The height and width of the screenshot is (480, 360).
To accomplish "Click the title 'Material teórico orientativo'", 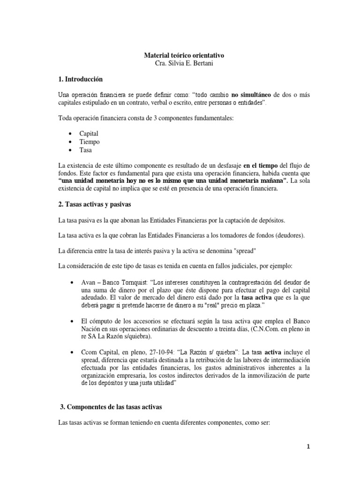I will (180, 55).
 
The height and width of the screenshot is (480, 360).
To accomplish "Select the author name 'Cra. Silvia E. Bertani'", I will (180, 64).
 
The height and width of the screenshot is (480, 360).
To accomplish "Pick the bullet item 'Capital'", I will (89, 134).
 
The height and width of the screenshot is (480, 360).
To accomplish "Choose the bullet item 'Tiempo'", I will (89, 142).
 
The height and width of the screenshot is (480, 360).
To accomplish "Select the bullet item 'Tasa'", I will (86, 150).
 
